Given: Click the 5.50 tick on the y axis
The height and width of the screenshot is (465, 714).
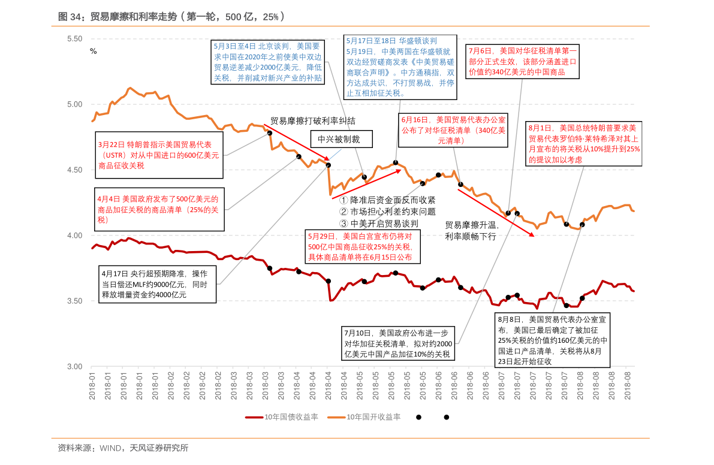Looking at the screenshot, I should coord(74,38).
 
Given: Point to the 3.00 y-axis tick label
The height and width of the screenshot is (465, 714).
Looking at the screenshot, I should coord(74,366).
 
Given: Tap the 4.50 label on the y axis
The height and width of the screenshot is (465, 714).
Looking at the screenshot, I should coord(74,170).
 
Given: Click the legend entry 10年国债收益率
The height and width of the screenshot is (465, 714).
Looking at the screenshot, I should coord(282,417).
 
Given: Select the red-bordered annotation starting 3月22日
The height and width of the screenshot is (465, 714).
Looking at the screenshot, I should coord(158,155).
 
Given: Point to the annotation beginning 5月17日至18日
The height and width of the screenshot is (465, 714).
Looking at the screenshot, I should coord(400,67).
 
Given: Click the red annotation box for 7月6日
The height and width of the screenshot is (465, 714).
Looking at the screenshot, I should coord(523,62).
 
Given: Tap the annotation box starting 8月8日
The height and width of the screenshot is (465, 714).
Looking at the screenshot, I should coord(552,340).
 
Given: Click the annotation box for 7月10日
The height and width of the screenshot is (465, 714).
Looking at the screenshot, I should coord(398,343).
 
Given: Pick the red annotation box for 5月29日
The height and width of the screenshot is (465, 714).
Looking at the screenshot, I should coord(362,246).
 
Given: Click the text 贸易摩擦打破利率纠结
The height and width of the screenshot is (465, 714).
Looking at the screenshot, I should coord(313,120).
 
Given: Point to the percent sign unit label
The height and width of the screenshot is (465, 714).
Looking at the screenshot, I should coord(93,51).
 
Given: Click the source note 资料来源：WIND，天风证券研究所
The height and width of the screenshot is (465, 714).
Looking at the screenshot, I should coord(123,448).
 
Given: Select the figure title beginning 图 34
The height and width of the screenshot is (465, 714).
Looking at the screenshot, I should coord(171,17).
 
